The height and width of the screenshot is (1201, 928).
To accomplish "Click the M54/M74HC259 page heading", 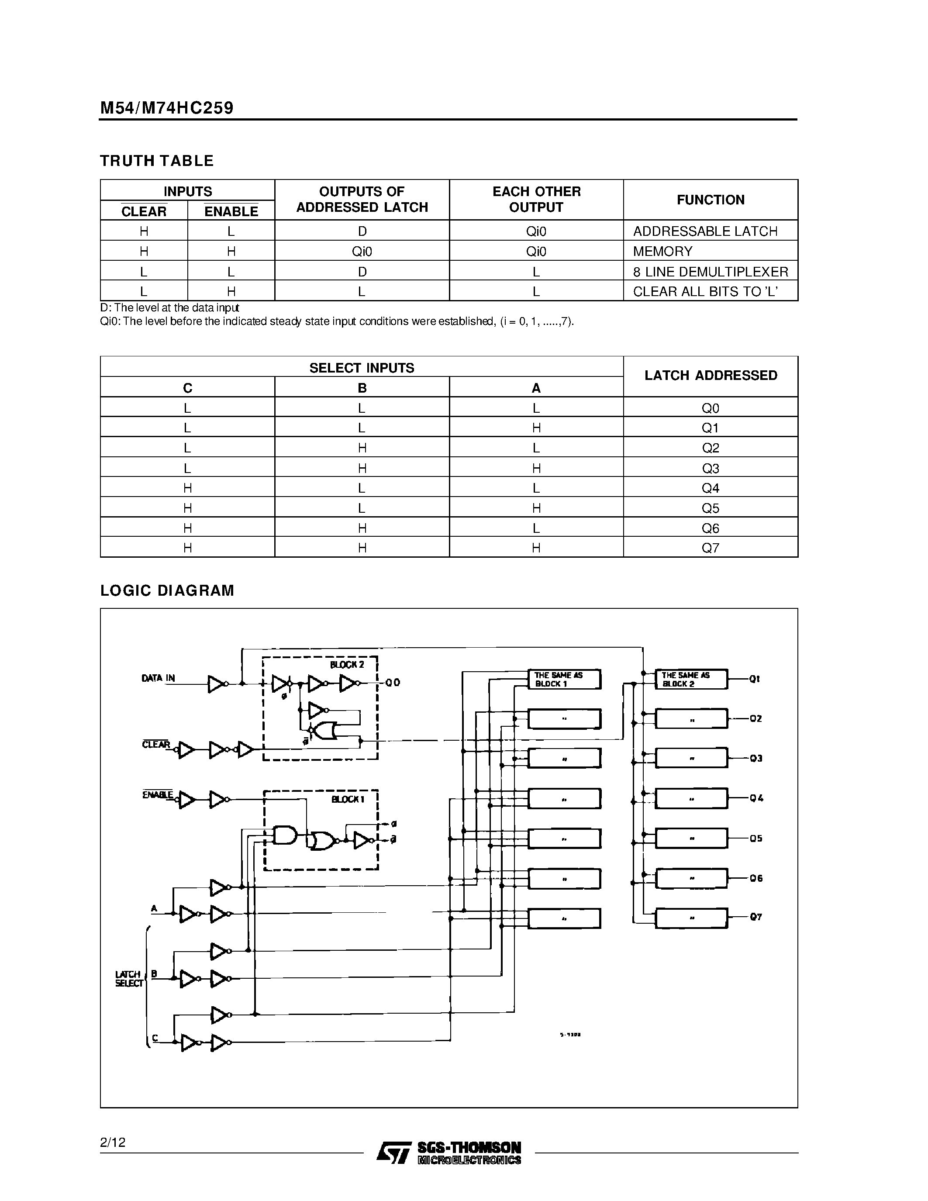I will coord(166,108).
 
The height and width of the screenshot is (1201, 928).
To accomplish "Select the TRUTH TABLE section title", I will coord(157,161).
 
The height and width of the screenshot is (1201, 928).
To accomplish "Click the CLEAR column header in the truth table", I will coord(144,211).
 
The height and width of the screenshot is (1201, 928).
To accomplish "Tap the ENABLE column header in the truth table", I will coord(231,211).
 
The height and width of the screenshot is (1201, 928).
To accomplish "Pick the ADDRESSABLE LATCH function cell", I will coord(705,231).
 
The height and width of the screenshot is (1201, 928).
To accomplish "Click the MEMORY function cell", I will coord(662,251).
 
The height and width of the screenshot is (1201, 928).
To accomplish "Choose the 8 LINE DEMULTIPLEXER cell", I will coord(710,272).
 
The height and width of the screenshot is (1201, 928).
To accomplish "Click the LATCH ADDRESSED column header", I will coord(710,376).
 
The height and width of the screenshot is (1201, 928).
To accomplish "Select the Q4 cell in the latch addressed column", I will coord(710,488).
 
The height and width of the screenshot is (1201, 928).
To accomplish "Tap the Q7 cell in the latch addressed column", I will coord(710,548).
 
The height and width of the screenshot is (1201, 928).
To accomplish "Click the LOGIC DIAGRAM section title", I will coord(167,590).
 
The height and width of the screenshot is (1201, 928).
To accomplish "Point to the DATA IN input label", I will coord(159,678).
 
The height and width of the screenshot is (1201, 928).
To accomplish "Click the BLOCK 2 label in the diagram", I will coord(347,665).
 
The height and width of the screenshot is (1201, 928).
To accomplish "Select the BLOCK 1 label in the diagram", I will coord(348,799).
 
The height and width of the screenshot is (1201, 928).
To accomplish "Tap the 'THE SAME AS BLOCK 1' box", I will coord(564,679).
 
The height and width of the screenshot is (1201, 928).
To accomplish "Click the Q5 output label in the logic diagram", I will coord(756,839).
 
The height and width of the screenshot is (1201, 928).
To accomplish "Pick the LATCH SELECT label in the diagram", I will coord(129,978).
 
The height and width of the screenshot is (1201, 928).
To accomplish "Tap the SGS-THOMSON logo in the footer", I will coord(448,1152).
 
